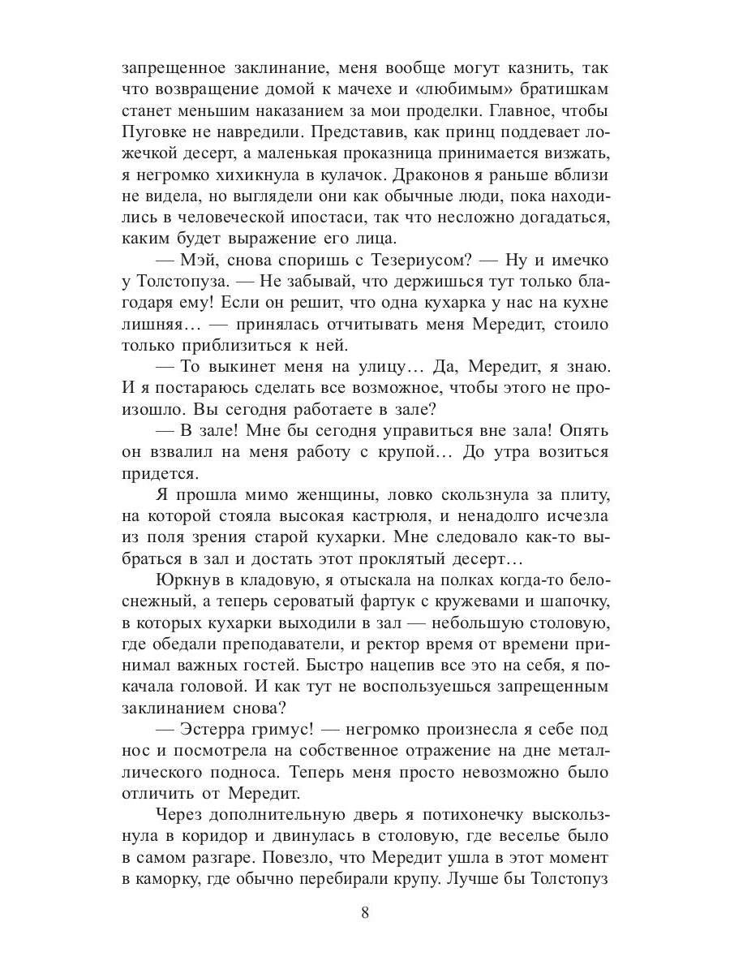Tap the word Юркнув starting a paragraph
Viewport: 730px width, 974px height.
tap(184, 580)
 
